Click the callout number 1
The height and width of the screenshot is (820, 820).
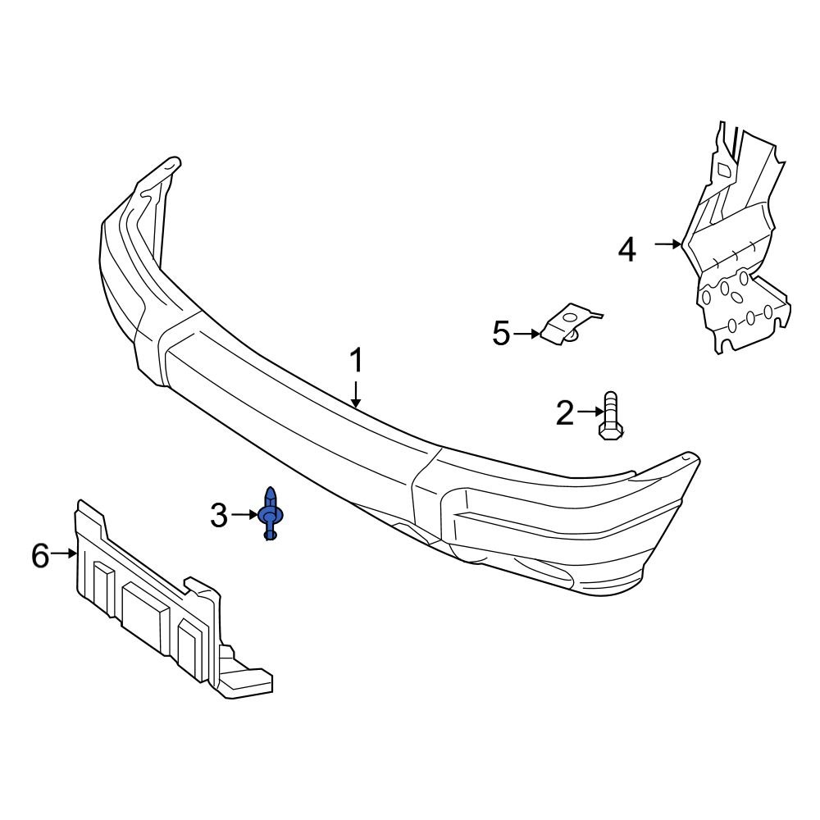pyautogui.click(x=356, y=361)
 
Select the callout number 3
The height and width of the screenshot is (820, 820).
pyautogui.click(x=218, y=516)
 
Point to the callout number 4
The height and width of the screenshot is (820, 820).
pyautogui.click(x=626, y=249)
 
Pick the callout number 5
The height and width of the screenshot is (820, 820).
pyautogui.click(x=501, y=334)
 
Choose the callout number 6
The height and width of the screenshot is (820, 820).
pyautogui.click(x=40, y=556)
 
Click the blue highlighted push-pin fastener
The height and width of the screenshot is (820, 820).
pyautogui.click(x=270, y=514)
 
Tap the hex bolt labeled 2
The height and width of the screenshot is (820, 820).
pyautogui.click(x=611, y=417)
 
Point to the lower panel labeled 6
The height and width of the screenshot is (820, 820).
pyautogui.click(x=156, y=599)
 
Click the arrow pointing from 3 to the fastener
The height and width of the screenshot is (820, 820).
pyautogui.click(x=244, y=515)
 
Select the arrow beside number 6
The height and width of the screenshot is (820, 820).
pyautogui.click(x=63, y=555)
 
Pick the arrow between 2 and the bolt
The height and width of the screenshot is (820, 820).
pyautogui.click(x=590, y=412)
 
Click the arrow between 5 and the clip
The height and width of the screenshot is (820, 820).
pyautogui.click(x=526, y=334)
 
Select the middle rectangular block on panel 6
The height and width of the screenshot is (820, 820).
pyautogui.click(x=144, y=609)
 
